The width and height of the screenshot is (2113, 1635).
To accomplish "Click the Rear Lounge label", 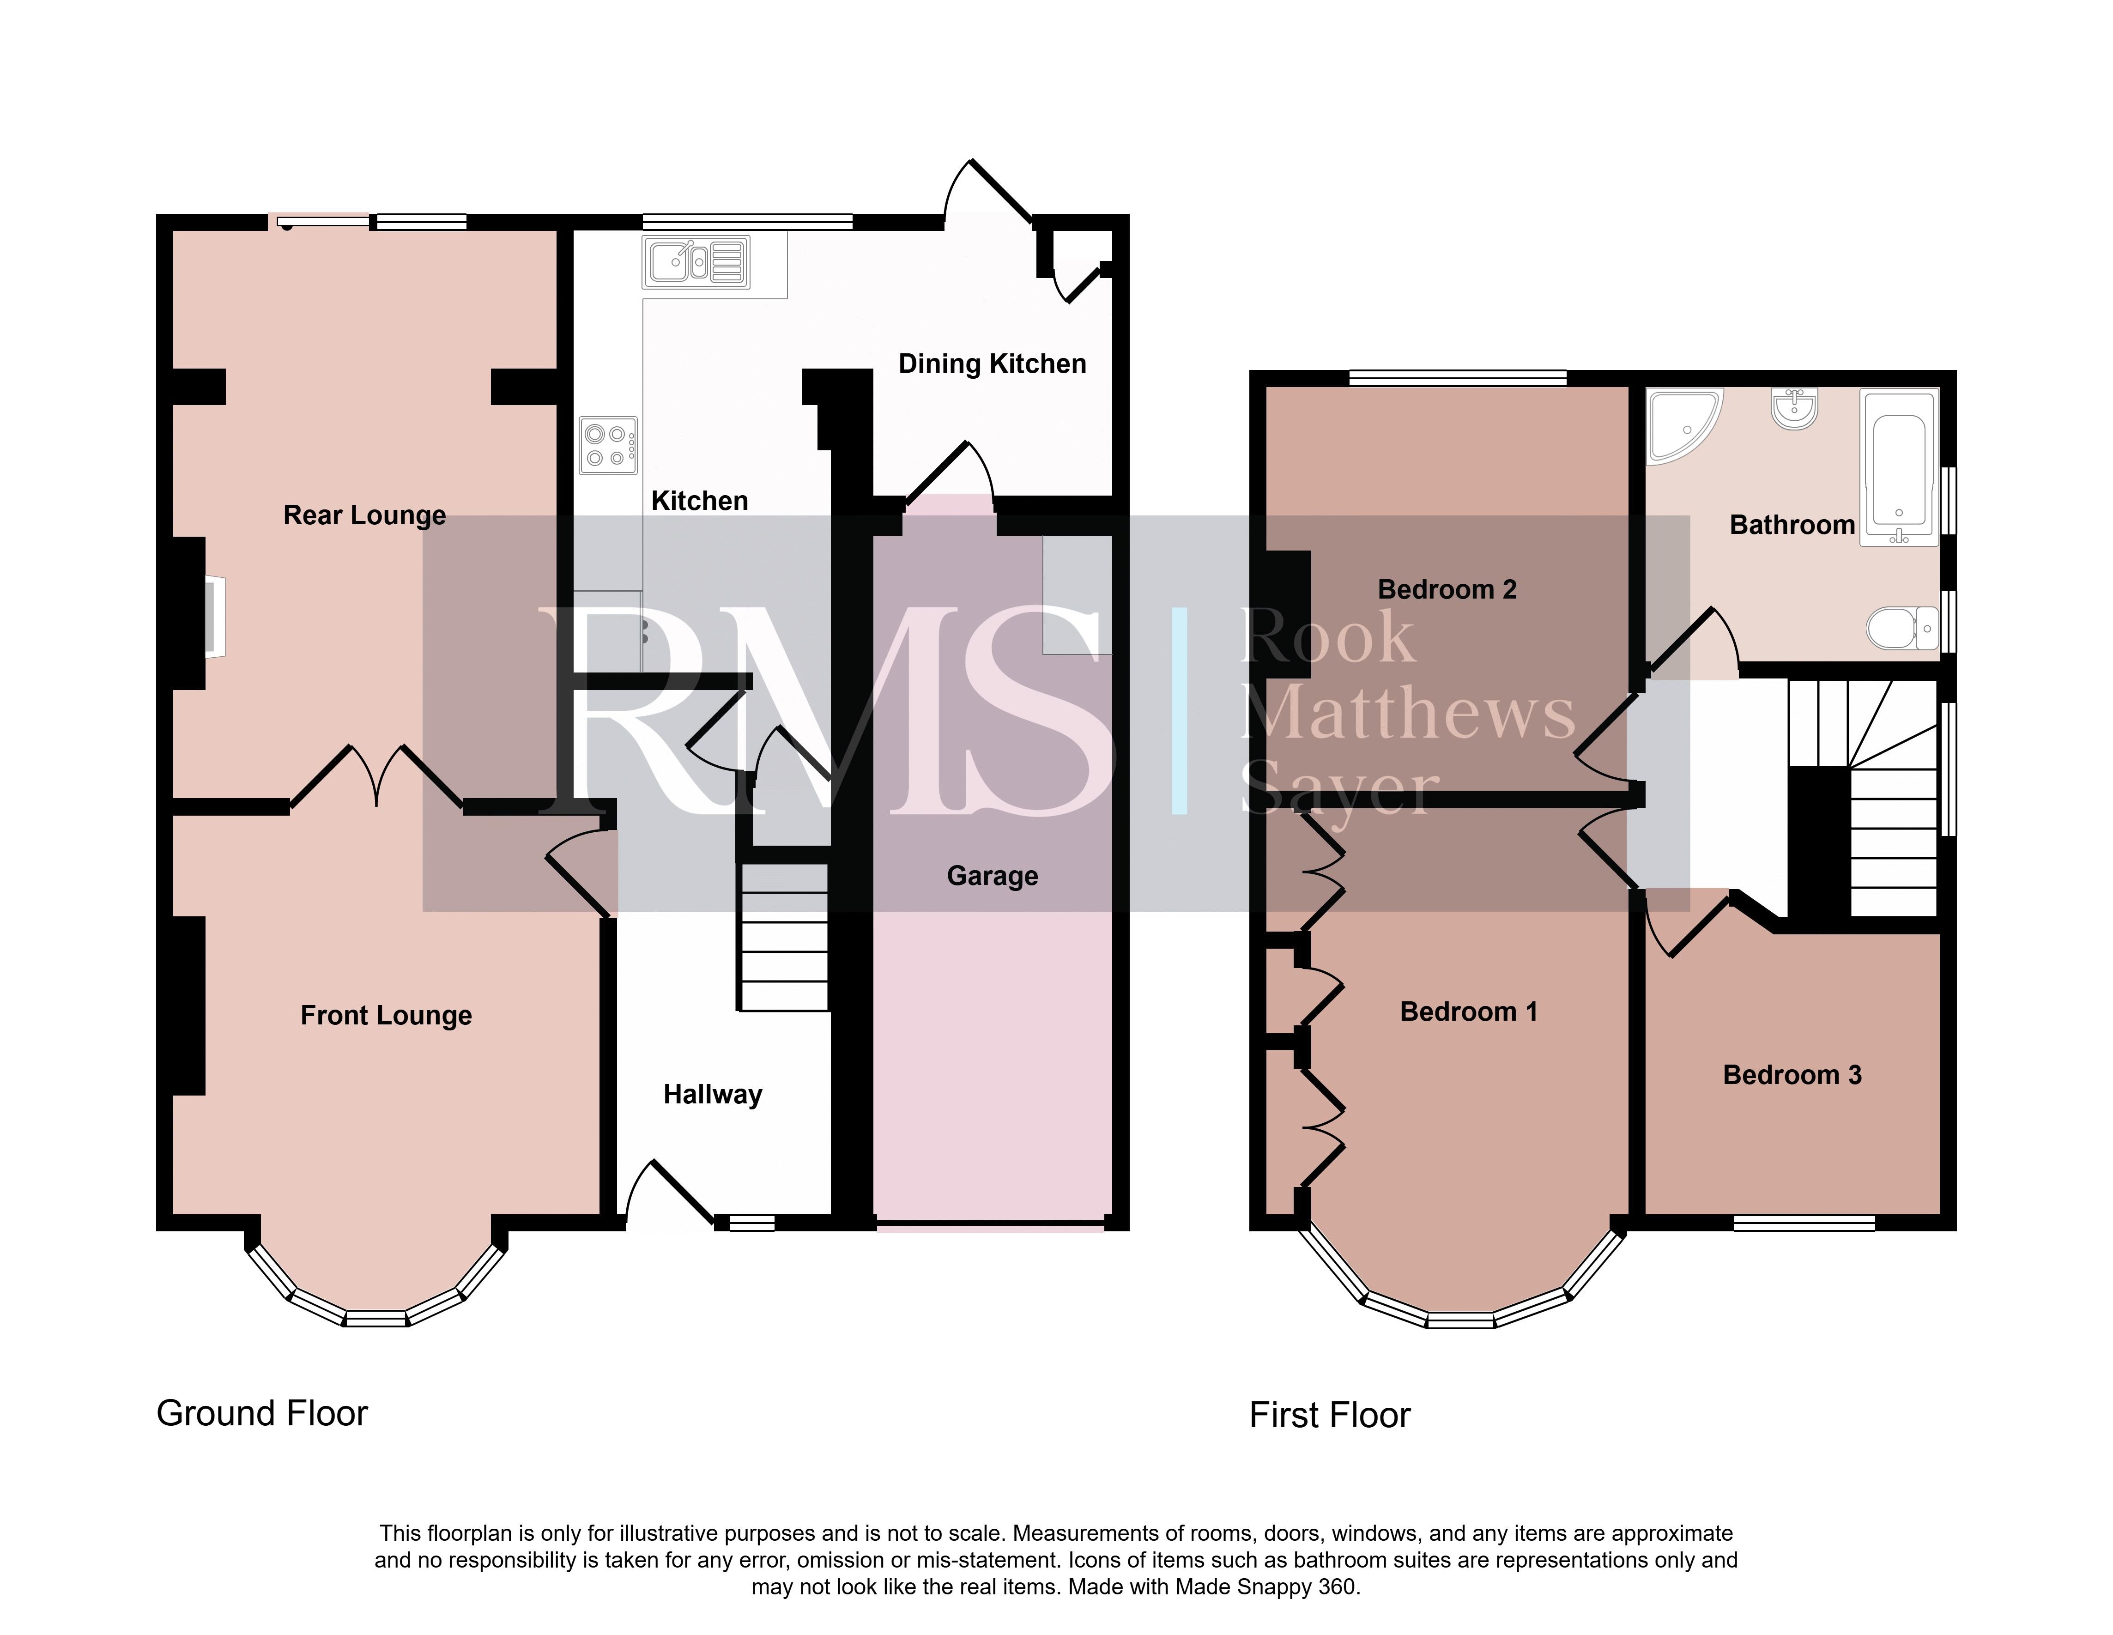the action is pos(365,515).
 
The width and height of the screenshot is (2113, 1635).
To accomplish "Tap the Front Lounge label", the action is pos(386,1016).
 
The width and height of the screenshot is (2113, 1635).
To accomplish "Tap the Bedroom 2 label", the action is pos(1447,589).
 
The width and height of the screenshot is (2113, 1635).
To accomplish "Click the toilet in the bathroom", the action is pos(1902,629).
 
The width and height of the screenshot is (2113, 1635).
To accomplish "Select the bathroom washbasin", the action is pos(1795,408).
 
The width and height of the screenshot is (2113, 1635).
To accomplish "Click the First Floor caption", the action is pos(1330,1416).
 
